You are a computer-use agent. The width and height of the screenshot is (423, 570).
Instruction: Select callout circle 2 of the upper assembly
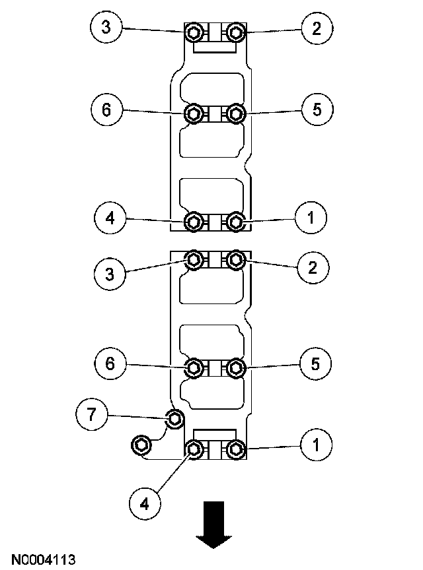click(317, 28)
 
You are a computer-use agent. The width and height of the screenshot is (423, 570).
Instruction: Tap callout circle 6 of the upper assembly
click(108, 110)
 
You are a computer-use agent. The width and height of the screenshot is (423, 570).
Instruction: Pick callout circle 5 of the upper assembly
click(317, 110)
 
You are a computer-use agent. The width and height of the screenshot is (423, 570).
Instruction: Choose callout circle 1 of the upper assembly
click(311, 218)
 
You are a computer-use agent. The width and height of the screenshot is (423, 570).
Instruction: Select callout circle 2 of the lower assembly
click(312, 267)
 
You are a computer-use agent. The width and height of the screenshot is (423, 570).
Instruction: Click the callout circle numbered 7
click(92, 415)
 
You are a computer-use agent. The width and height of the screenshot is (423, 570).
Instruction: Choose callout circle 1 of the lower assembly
click(316, 445)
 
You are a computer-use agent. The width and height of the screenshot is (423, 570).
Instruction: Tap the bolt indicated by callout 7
click(174, 418)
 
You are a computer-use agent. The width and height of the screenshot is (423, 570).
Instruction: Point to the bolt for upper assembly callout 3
click(194, 32)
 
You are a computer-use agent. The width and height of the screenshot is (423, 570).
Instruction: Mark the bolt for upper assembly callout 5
click(235, 114)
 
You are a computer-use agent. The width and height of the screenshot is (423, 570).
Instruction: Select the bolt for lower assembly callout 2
click(235, 260)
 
